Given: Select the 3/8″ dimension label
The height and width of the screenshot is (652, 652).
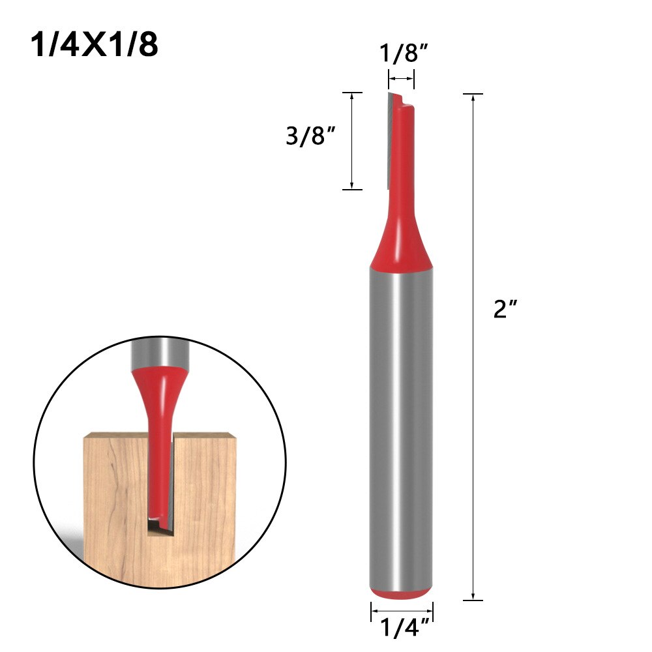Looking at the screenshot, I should click(310, 138).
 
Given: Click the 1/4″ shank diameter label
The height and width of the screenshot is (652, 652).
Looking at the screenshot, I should click(402, 629).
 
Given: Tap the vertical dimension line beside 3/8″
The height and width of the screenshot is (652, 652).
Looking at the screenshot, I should click(352, 141).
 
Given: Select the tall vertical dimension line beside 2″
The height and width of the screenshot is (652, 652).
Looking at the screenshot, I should click(472, 346).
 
